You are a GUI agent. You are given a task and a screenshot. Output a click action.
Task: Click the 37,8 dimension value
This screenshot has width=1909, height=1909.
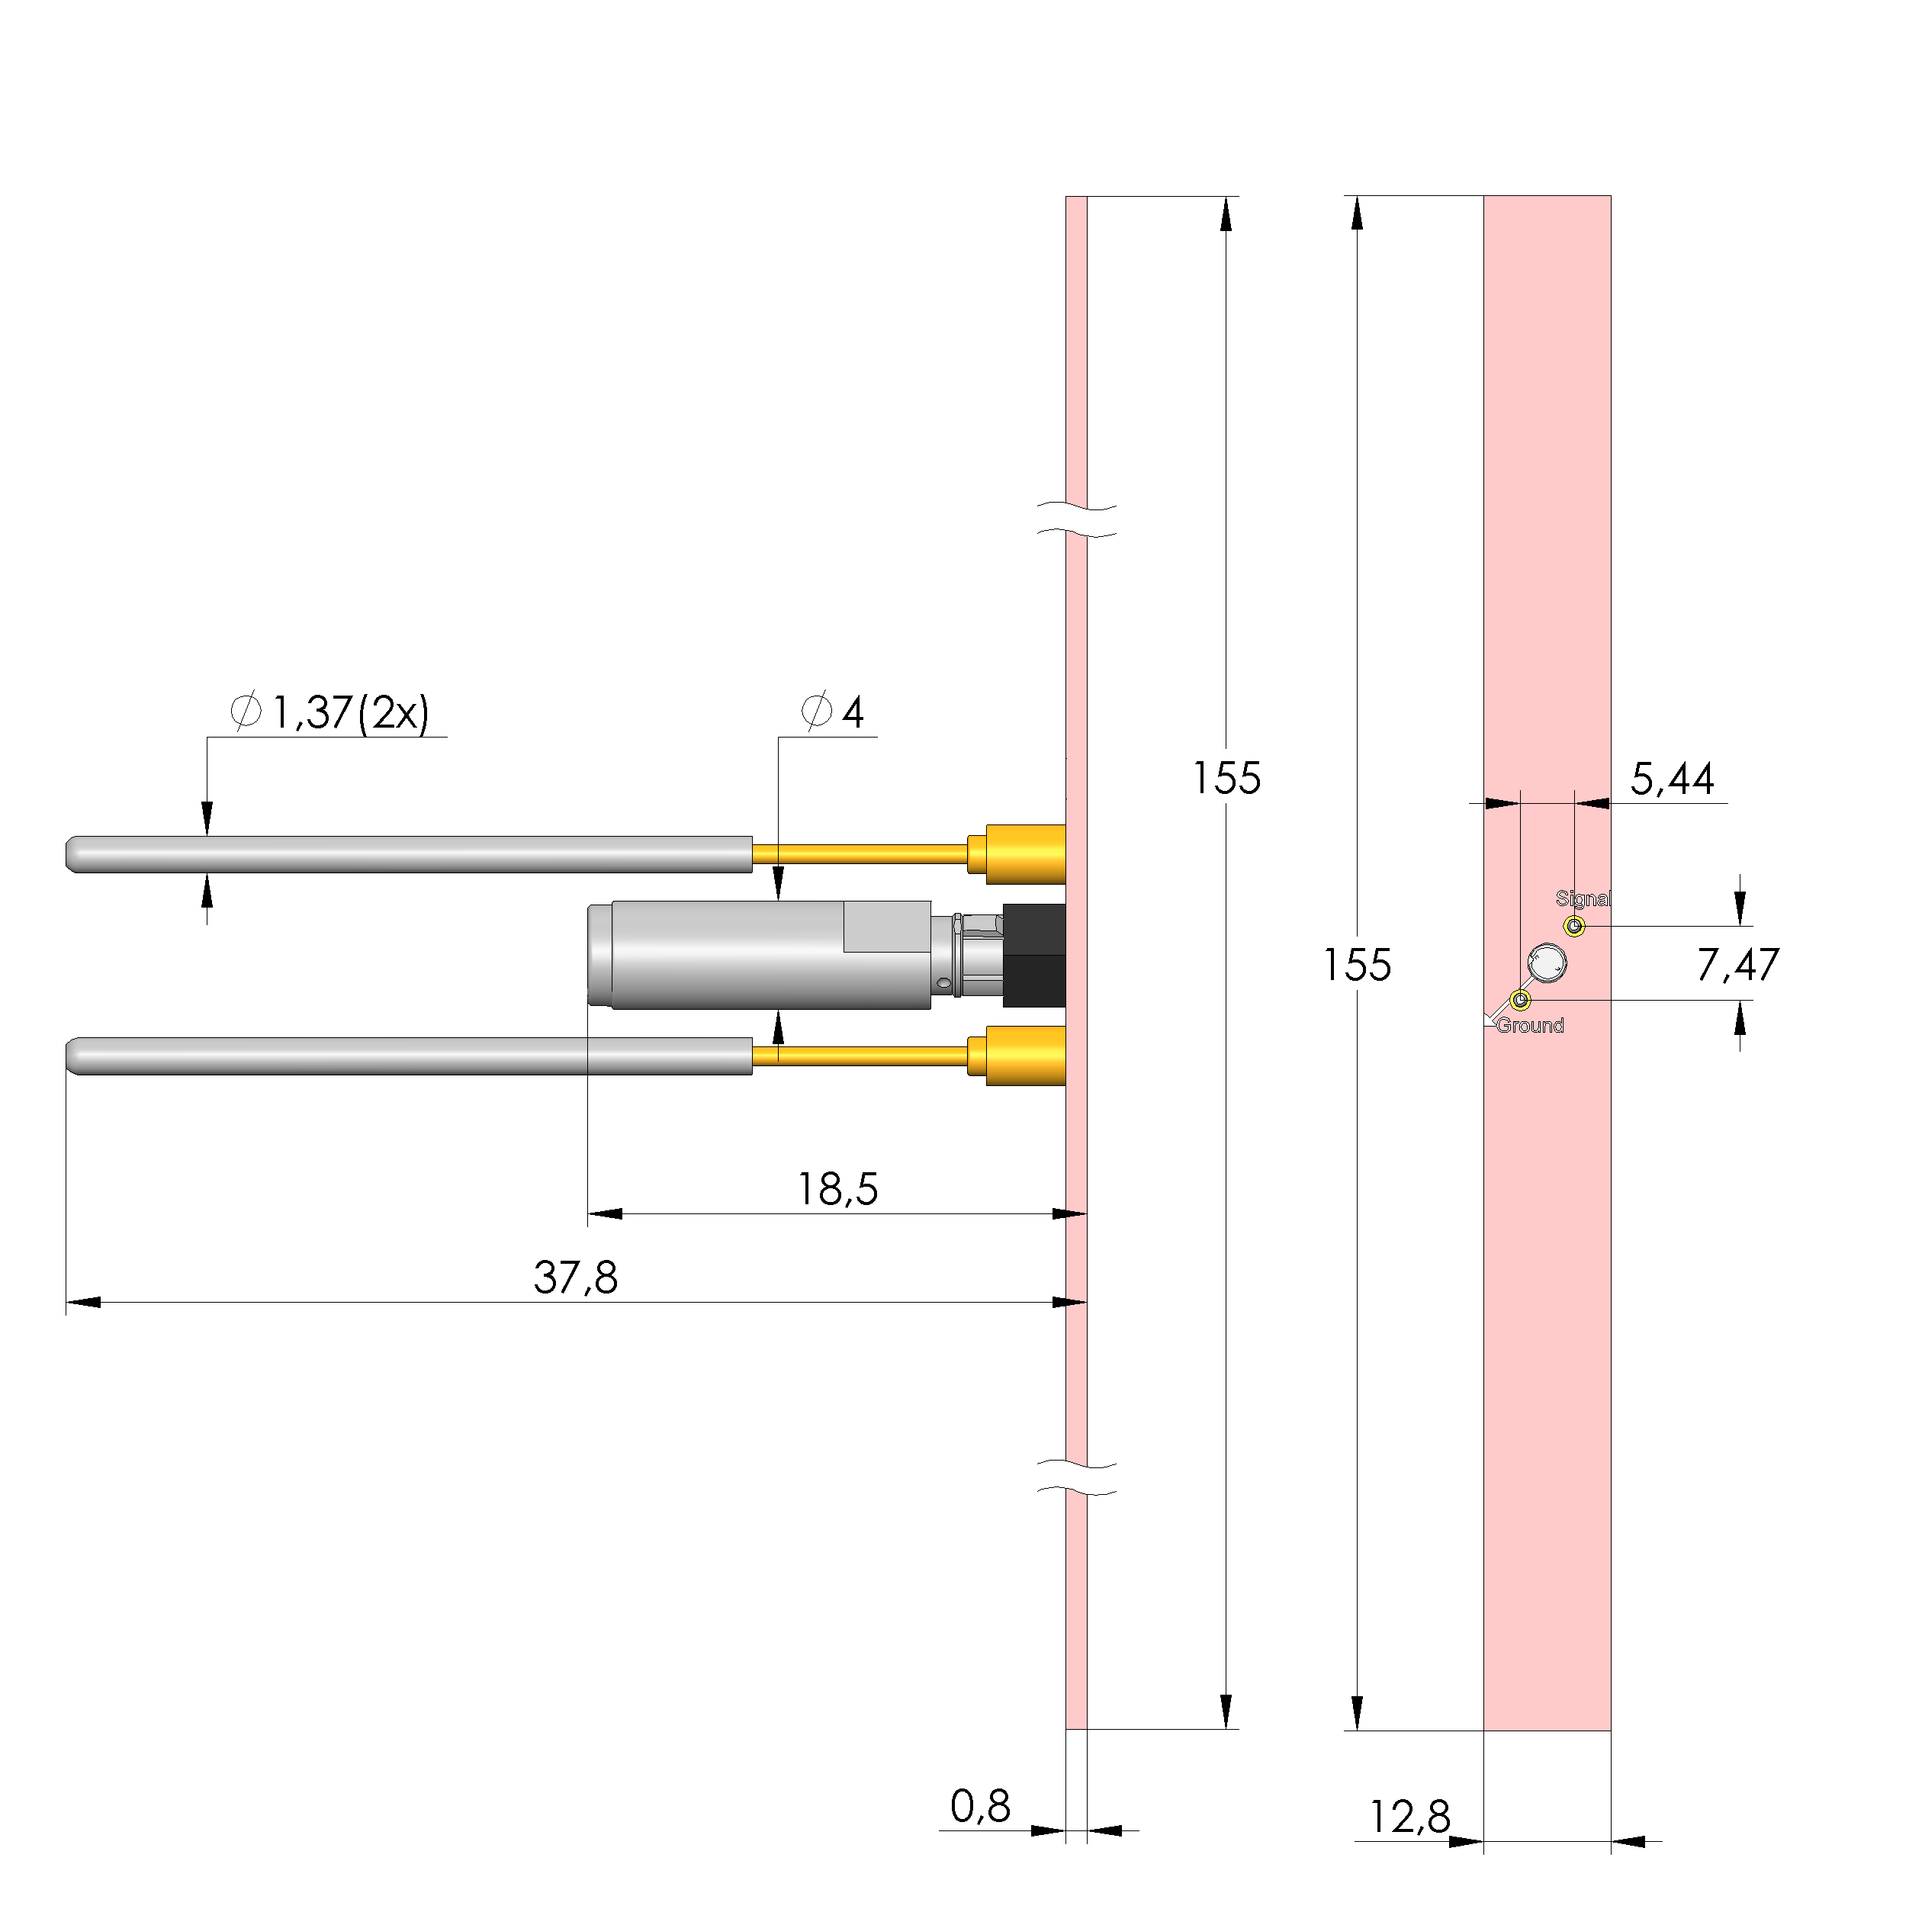(575, 1277)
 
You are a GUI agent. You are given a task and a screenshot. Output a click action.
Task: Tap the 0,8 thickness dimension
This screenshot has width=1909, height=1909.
(979, 1808)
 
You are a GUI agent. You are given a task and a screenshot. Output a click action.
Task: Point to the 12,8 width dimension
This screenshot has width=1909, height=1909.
(1409, 1817)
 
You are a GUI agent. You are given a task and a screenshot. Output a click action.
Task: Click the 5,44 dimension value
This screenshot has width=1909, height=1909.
(1672, 779)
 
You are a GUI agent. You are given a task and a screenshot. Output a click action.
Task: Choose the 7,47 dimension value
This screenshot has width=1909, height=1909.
(1737, 966)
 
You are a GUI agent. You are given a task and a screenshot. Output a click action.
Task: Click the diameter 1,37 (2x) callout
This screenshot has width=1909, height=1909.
(330, 712)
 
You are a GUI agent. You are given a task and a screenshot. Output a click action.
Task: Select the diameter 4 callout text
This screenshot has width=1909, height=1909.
(833, 712)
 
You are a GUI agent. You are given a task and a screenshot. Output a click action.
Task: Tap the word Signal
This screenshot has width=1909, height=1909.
(1582, 898)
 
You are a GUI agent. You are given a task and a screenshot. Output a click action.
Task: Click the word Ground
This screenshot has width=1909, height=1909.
(1530, 1026)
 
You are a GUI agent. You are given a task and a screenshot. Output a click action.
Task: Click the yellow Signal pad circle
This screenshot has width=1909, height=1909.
(1575, 926)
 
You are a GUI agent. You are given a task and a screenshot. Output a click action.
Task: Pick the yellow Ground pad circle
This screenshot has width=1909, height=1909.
(1521, 1000)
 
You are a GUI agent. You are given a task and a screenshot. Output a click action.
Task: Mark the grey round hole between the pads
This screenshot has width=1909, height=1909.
(1547, 963)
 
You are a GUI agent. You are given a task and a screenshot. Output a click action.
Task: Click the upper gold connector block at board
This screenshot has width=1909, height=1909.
(1026, 853)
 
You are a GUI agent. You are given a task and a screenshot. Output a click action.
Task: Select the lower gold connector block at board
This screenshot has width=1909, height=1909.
(1026, 1056)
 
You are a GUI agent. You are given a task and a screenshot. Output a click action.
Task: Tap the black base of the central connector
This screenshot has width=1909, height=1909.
(1033, 956)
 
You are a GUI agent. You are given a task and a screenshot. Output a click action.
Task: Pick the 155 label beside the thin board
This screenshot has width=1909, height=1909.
(1226, 779)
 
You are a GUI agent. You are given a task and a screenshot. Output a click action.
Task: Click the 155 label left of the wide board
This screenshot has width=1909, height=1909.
(1357, 966)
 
